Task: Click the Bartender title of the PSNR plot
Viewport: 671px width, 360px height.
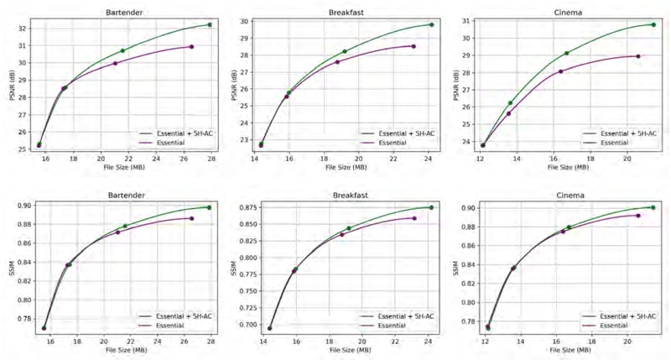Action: coord(122,12)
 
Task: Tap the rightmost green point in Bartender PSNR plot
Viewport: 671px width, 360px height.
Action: coord(209,24)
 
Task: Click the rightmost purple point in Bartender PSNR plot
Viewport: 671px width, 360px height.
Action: coord(192,46)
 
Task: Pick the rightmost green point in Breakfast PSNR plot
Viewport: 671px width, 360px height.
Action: coord(431,24)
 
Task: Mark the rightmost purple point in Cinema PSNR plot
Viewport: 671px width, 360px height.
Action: coord(638,56)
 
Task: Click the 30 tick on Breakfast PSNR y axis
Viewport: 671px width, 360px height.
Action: coord(245,21)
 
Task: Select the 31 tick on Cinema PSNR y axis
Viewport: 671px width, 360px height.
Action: coord(466,20)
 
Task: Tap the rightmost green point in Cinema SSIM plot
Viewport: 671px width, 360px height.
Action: coord(653,207)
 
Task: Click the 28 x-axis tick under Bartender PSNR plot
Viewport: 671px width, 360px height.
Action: coord(211,158)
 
